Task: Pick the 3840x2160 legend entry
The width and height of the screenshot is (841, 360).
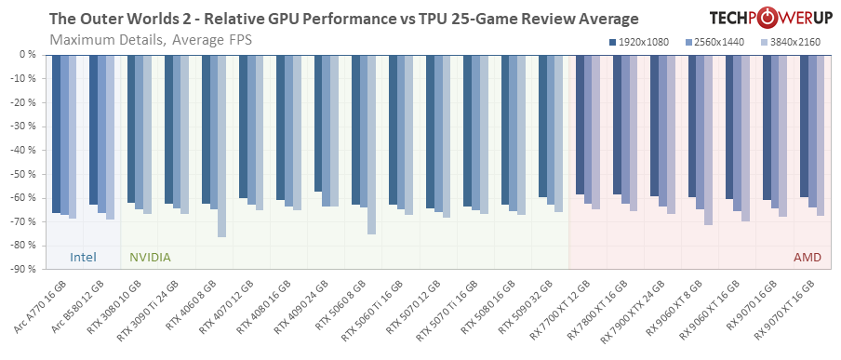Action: pyautogui.click(x=792, y=43)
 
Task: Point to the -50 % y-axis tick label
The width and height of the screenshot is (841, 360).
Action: pyautogui.click(x=20, y=174)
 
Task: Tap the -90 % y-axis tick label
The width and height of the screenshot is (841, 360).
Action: pyautogui.click(x=20, y=270)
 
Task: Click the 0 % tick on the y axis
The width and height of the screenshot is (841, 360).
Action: pyautogui.click(x=26, y=55)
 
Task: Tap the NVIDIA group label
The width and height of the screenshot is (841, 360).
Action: pyautogui.click(x=149, y=257)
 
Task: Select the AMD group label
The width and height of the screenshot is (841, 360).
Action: pyautogui.click(x=807, y=257)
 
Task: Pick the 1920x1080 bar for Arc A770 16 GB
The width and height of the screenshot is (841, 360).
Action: pyautogui.click(x=57, y=134)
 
